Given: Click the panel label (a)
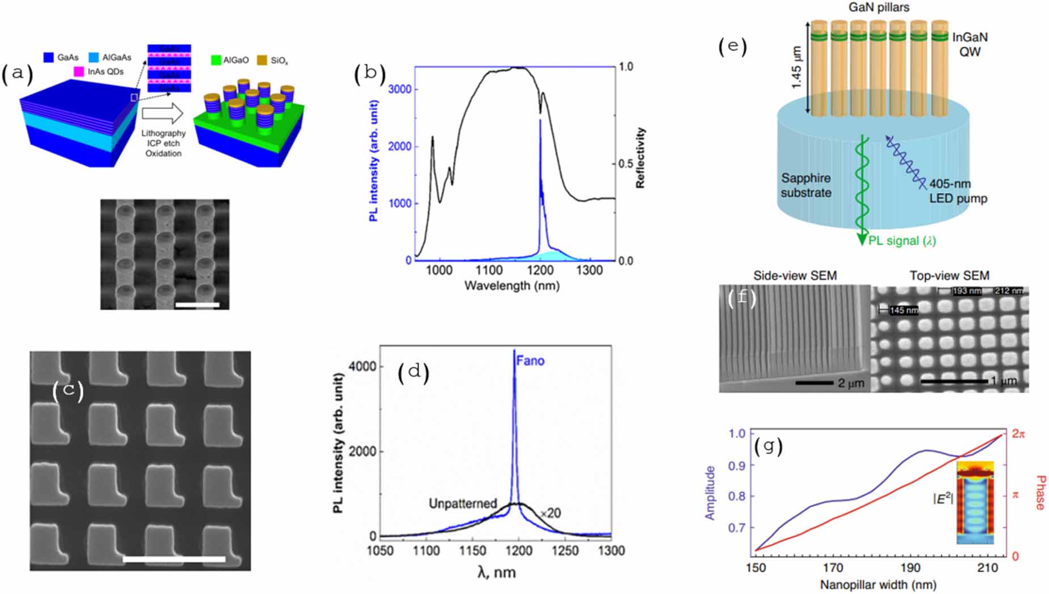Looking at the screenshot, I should tap(17, 74).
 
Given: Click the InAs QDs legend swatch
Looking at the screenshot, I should tap(79, 71).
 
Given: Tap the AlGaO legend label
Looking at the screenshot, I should tap(236, 60).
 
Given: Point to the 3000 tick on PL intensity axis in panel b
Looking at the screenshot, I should tap(400, 90).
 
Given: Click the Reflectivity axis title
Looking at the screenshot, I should tap(640, 158).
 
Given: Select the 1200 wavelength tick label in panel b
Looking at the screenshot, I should tap(540, 270).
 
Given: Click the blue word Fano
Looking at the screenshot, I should tap(530, 361).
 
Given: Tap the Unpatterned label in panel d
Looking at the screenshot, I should tap(462, 503).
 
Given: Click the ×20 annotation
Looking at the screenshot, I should tap(550, 514).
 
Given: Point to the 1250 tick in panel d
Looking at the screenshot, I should tap(565, 551).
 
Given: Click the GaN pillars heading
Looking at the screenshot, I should tap(878, 7).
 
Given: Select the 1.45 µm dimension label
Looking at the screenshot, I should tap(797, 67).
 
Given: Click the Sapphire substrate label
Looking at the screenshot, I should tap(806, 185).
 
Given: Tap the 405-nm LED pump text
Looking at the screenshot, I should tap(958, 191).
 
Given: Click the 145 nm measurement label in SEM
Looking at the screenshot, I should tap(903, 311).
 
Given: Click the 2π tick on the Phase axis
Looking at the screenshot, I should tap(1018, 434).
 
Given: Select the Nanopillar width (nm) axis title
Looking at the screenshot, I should tap(878, 584).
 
